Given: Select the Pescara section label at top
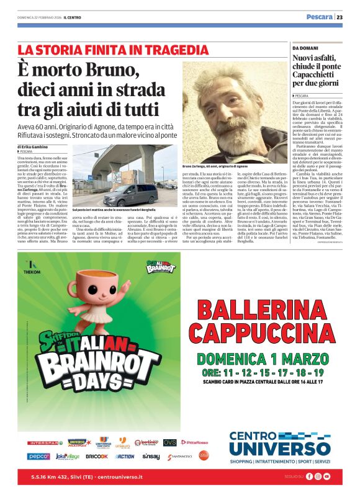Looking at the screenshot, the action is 319,17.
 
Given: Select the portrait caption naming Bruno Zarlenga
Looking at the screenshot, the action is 215,167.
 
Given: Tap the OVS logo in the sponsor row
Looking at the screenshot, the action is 169,442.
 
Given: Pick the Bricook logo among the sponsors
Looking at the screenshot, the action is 96,457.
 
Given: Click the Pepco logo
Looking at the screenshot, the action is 38,457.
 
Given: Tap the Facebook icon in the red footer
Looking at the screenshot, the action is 309,476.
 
